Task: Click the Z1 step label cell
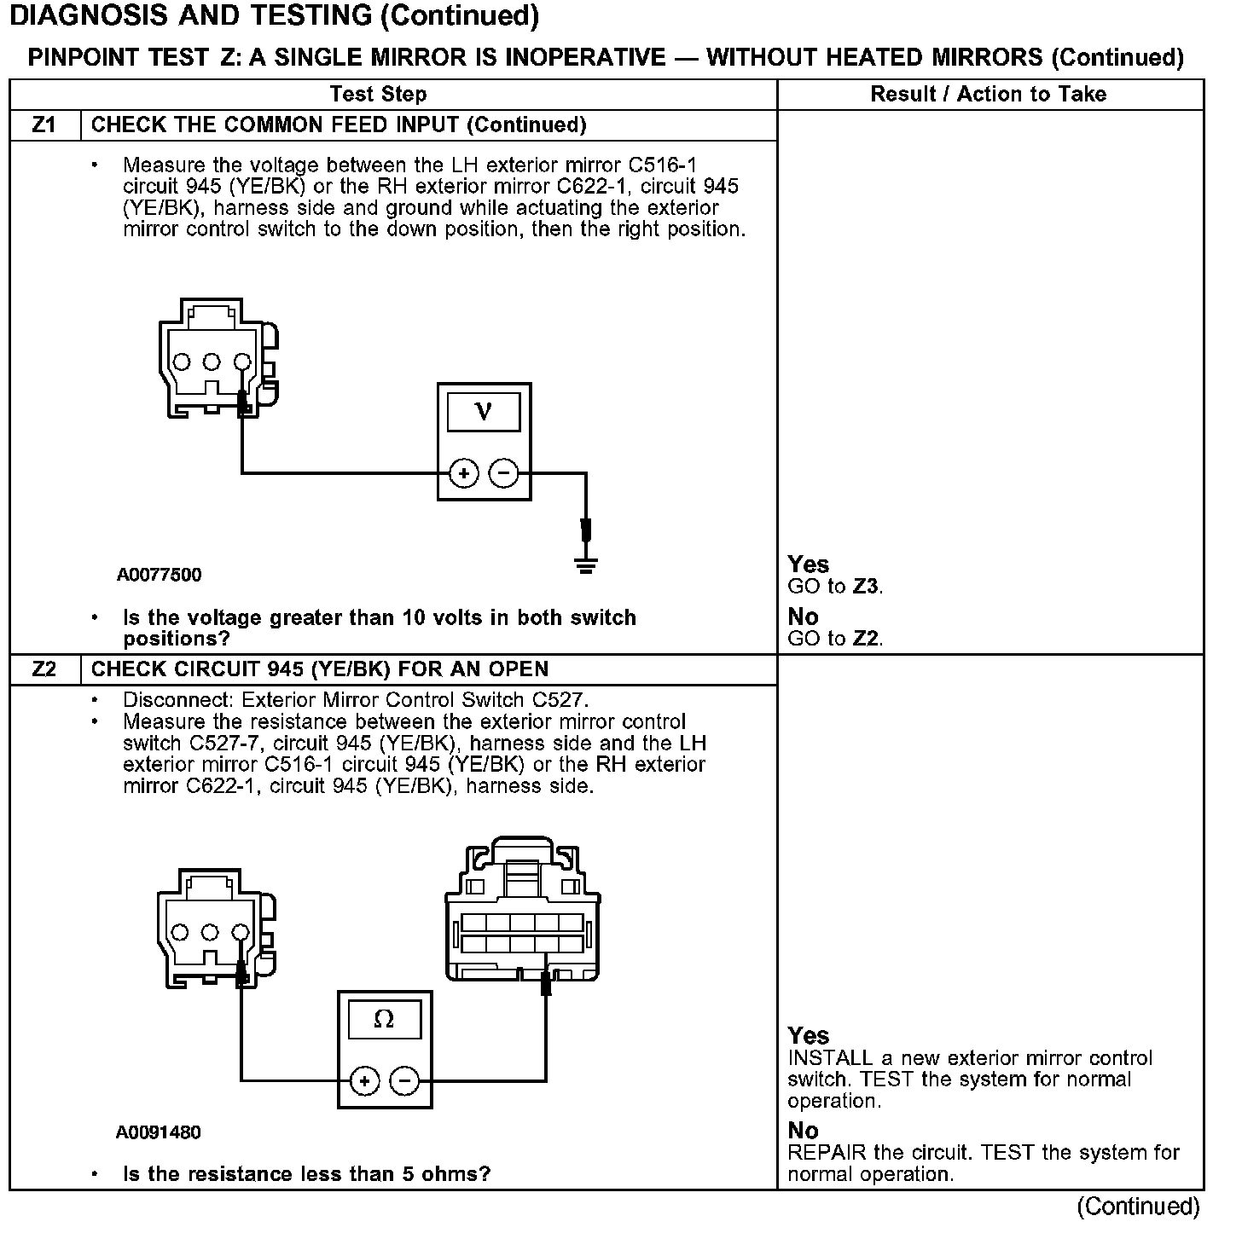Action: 44,125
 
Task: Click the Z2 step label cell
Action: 44,669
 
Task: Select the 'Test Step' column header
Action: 378,94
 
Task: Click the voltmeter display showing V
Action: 484,412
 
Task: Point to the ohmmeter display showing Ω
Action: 384,1020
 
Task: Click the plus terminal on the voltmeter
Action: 463,472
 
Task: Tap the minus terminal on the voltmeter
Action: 504,472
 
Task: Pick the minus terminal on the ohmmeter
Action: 404,1081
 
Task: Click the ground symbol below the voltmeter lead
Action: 585,564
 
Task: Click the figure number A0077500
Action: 160,575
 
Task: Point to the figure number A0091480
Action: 159,1132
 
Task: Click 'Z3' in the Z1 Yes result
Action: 867,587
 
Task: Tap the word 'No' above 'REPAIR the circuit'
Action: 803,1130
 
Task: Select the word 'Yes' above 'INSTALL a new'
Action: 808,1035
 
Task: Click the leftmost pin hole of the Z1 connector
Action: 181,362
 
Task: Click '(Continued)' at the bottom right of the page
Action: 1138,1207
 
